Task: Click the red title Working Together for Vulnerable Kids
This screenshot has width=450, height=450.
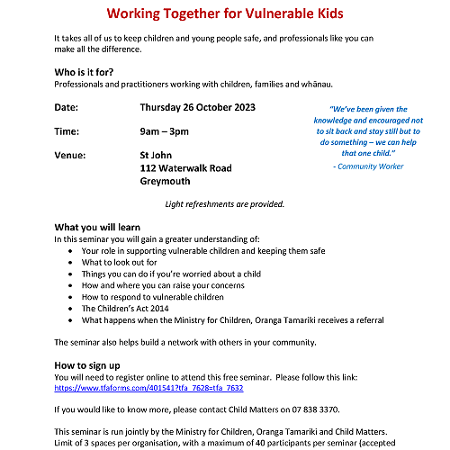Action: pos(225,13)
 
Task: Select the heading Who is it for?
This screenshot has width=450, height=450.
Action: pos(87,71)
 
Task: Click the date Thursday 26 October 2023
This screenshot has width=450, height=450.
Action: pos(198,108)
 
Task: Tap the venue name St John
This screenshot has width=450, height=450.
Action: pos(157,155)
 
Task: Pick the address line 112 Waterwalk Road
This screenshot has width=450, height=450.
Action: pos(186,168)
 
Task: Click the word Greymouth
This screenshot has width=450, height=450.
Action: pos(166,181)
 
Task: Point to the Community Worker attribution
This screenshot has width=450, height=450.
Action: pos(368,166)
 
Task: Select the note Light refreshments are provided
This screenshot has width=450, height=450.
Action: pos(225,204)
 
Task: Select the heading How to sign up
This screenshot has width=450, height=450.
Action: pos(87,364)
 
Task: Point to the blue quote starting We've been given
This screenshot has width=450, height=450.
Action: pos(368,130)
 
